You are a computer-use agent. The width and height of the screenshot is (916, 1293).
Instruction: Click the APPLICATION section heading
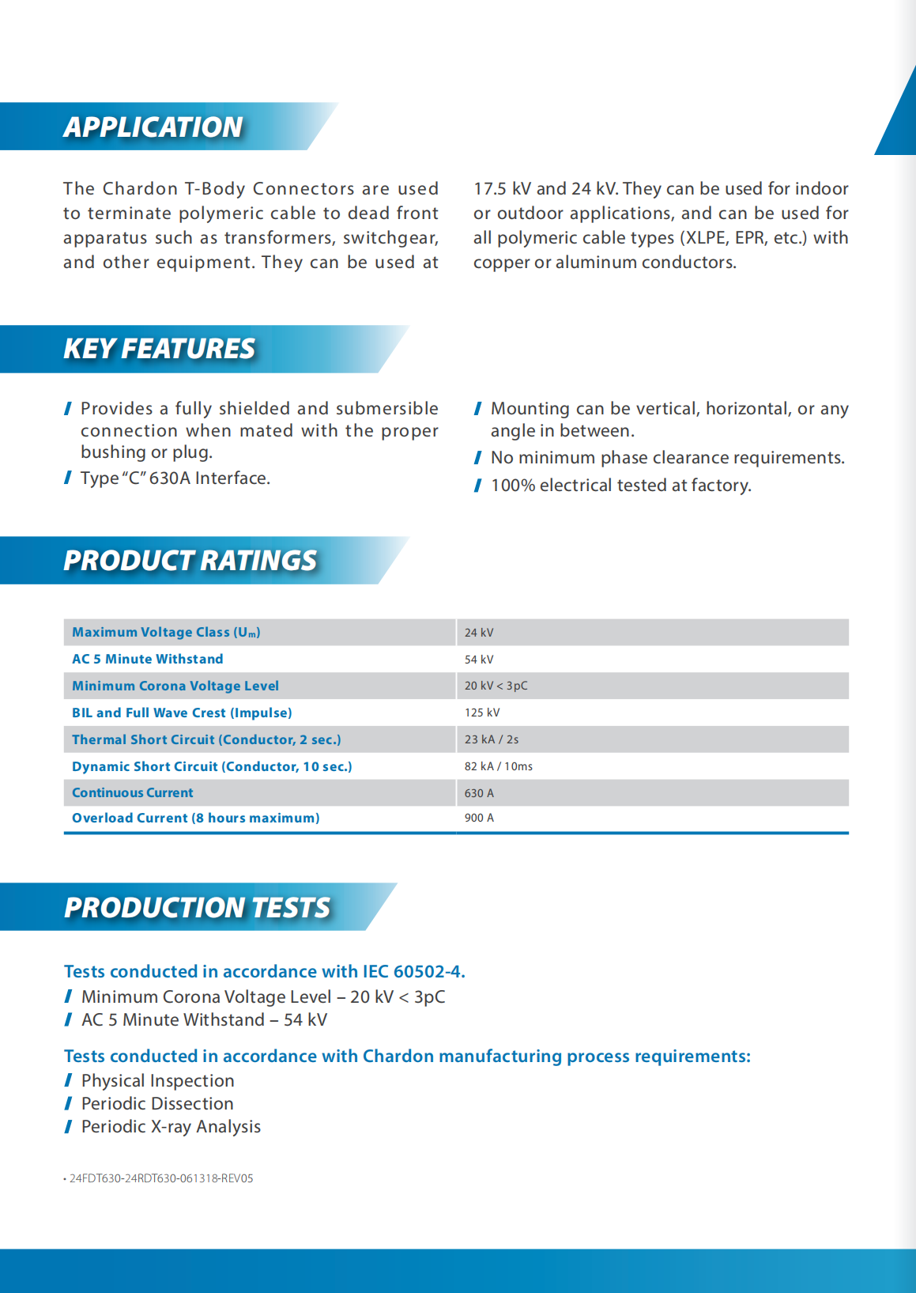point(153,127)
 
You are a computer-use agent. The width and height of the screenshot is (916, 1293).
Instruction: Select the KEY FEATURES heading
point(159,349)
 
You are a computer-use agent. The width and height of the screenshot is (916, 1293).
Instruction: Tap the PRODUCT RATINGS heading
point(190,561)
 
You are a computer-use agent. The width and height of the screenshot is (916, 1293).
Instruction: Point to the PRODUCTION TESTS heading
point(197,908)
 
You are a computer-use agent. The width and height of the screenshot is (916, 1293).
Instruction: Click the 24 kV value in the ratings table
point(479,633)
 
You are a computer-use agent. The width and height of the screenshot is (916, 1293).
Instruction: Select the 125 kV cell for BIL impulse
point(482,713)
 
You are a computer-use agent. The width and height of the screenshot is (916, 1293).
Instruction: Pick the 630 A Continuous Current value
point(479,793)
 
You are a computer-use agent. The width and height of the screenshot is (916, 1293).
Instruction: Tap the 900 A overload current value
point(479,818)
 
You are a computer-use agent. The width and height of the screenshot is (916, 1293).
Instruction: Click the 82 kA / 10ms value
point(499,766)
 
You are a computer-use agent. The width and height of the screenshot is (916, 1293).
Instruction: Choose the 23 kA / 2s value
point(492,739)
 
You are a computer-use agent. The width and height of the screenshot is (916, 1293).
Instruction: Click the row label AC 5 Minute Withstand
point(148,659)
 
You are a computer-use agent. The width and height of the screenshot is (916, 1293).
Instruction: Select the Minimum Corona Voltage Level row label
point(175,686)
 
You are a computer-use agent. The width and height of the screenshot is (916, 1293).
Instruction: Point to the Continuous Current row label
point(133,792)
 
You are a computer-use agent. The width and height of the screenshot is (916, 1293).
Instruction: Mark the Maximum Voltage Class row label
point(166,632)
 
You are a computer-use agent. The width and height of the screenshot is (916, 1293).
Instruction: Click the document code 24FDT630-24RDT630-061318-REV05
point(161,1178)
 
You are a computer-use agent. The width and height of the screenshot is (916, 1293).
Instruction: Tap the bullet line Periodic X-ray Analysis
point(171,1127)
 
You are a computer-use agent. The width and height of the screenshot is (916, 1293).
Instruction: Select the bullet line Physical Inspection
point(157,1081)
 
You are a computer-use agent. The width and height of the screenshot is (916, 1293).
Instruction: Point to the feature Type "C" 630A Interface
point(175,478)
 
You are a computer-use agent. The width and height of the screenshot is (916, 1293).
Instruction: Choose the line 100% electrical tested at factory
point(620,486)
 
